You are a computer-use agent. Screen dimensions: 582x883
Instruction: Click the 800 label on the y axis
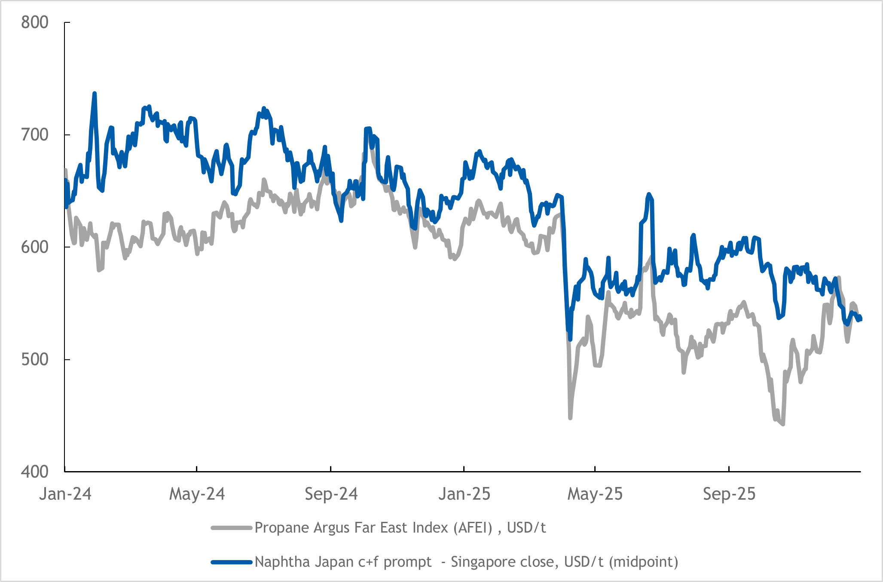point(34,22)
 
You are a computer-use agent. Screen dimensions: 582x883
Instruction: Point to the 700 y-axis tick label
point(34,135)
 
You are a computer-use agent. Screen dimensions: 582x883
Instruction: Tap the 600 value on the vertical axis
point(34,247)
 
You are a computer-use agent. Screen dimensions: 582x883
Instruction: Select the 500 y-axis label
point(34,359)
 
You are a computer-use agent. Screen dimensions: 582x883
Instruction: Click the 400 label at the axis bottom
point(34,472)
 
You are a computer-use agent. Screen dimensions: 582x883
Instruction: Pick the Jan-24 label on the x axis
point(65,494)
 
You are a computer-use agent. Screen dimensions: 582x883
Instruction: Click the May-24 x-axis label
point(197,494)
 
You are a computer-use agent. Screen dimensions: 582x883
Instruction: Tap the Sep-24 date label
point(331,494)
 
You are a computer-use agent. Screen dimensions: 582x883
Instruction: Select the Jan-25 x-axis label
point(464,494)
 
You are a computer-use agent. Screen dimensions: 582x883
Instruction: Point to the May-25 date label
point(595,494)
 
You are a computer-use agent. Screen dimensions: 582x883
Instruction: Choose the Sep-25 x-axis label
point(729,494)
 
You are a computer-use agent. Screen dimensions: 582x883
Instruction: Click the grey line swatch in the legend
point(231,528)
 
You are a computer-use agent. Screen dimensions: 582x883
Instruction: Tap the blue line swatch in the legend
point(231,562)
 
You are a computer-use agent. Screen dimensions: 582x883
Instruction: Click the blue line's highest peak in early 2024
point(95,93)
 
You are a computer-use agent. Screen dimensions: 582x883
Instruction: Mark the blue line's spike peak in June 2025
point(649,194)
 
